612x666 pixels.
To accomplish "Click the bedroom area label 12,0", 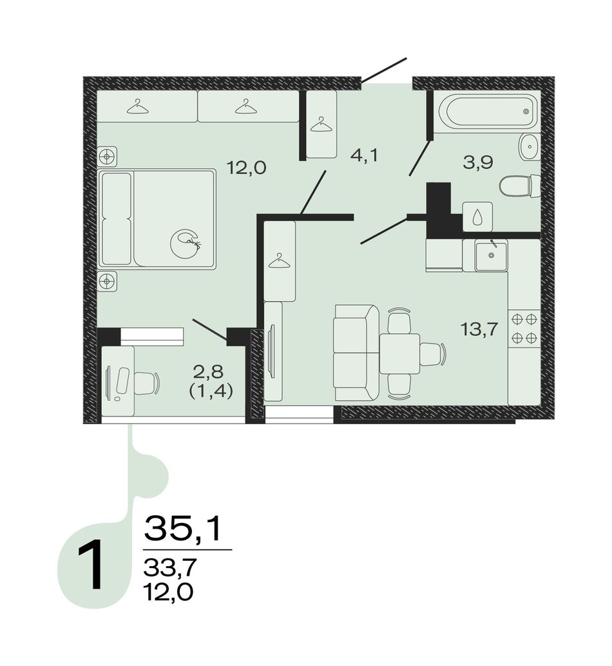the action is pos(246,168).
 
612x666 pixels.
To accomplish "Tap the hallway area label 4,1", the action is pos(364,155).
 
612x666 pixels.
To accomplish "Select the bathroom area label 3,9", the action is pos(478,162).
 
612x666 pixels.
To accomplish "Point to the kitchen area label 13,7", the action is pos(479,329).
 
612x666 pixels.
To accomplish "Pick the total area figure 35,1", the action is pos(184,529).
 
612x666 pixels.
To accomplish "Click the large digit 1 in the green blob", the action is pos(90,565).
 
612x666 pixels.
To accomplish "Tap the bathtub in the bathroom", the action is pos(488,112).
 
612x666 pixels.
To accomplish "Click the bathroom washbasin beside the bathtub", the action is pos(530,147).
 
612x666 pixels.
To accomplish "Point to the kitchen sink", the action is pos(491,255).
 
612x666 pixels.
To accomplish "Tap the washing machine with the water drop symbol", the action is pos(477,217).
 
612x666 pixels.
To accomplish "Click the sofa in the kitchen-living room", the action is pos(356,353).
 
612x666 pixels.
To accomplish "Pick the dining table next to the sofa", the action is pos(399,353).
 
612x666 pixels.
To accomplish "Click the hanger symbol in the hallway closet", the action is pos(321,125).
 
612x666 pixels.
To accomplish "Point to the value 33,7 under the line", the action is pos(170,567).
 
